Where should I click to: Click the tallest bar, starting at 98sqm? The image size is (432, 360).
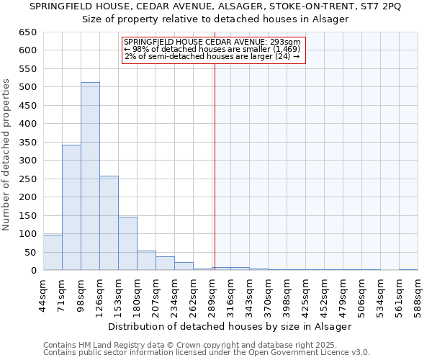90,176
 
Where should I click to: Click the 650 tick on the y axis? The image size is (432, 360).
28,32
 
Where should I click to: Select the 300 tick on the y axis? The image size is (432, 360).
28,161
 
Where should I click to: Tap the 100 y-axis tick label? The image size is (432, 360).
28,234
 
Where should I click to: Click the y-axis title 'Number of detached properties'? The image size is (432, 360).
7,156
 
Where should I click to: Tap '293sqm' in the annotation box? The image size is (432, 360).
287,42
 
